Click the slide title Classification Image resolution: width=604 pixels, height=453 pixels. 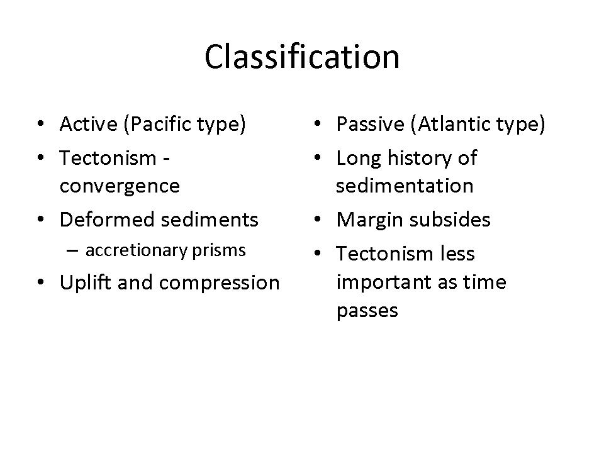click(302, 57)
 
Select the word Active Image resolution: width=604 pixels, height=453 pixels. click(89, 124)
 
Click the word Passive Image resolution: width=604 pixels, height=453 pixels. click(371, 124)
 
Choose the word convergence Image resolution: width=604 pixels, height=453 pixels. click(120, 186)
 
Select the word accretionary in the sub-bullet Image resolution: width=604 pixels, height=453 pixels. click(137, 251)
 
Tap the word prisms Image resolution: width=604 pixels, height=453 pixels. click(219, 251)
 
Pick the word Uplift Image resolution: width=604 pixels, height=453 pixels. click(86, 282)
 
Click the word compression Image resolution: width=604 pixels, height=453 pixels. click(219, 283)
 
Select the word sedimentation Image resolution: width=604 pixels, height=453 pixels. click(405, 186)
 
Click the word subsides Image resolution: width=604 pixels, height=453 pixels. click(450, 220)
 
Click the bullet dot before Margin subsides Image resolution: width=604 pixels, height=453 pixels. click(317, 220)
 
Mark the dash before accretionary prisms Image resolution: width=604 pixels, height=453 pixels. click(72, 251)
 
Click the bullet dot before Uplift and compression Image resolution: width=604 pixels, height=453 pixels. click(41, 282)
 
